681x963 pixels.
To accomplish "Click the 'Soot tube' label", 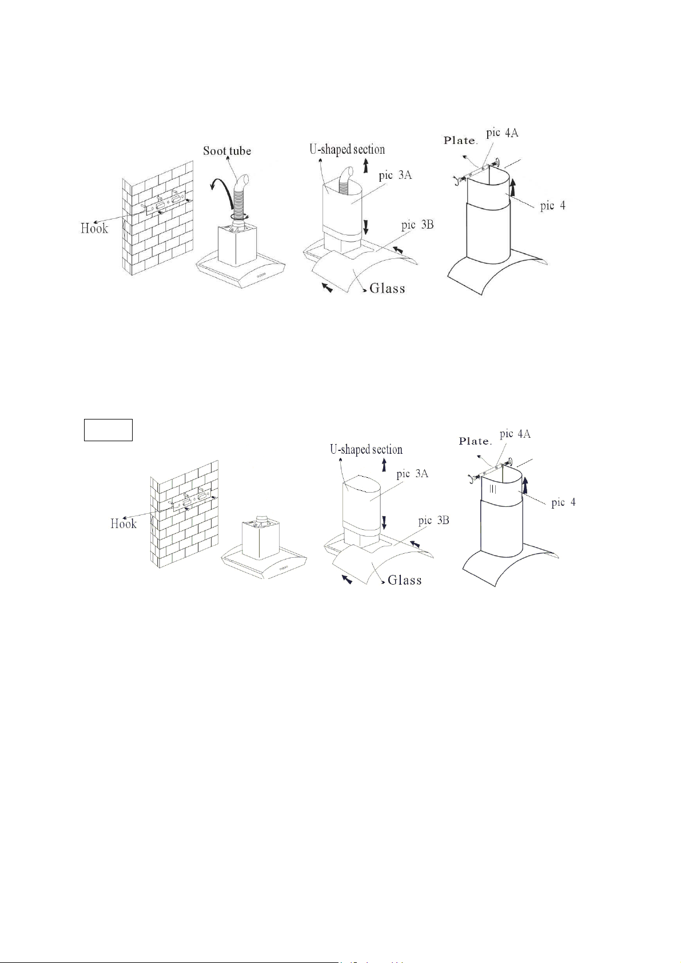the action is pyautogui.click(x=226, y=151).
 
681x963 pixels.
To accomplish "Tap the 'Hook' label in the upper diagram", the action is pyautogui.click(x=94, y=228).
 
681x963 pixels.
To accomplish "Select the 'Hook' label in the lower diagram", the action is pyautogui.click(x=124, y=523).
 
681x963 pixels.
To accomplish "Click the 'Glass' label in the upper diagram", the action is pyautogui.click(x=387, y=287).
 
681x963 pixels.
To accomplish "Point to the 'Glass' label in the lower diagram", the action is pyautogui.click(x=404, y=580).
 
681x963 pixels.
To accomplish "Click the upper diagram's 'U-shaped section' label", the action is pyautogui.click(x=347, y=149).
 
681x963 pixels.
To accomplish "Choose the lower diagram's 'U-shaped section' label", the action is pyautogui.click(x=366, y=449).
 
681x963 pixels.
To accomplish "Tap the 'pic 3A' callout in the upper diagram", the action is pyautogui.click(x=395, y=176).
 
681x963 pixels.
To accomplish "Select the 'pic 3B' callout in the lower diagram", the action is pyautogui.click(x=433, y=520).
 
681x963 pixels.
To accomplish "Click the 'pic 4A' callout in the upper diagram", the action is pyautogui.click(x=502, y=133).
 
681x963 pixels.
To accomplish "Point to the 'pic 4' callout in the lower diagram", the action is pyautogui.click(x=564, y=502).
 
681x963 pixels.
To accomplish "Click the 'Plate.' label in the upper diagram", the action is pyautogui.click(x=460, y=141).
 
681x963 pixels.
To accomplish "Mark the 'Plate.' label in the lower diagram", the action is pyautogui.click(x=475, y=441).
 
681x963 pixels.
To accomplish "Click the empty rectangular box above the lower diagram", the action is pyautogui.click(x=108, y=430).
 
